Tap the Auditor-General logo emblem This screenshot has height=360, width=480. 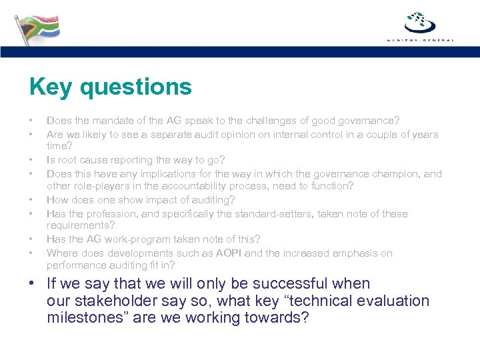coord(420,23)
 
